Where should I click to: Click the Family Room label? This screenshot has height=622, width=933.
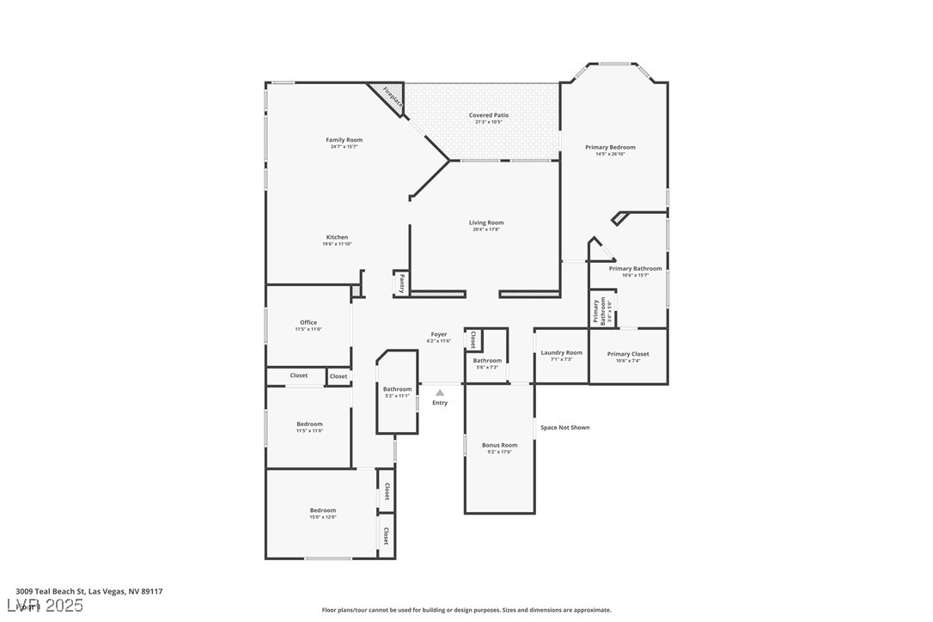click(x=344, y=140)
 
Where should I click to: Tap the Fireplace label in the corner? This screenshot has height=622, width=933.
click(x=393, y=97)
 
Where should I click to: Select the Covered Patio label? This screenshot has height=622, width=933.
click(x=488, y=115)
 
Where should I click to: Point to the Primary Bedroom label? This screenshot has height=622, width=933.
click(x=610, y=148)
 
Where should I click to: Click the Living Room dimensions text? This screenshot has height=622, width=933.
click(x=486, y=229)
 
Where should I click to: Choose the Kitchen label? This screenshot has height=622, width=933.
click(x=337, y=237)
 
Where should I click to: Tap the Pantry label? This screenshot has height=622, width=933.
click(x=401, y=284)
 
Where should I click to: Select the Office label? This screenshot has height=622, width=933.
click(x=308, y=322)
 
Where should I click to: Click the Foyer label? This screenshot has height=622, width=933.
click(x=438, y=334)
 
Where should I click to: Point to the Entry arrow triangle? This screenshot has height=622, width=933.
click(x=440, y=393)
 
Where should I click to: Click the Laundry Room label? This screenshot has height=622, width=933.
click(x=561, y=352)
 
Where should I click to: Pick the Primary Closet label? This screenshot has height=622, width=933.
click(x=628, y=354)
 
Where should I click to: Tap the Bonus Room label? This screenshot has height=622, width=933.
click(x=499, y=445)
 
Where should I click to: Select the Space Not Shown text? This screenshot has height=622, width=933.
click(x=564, y=427)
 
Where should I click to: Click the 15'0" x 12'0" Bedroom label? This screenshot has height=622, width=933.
click(x=323, y=510)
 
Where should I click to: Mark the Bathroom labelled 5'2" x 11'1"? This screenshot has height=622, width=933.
click(x=397, y=389)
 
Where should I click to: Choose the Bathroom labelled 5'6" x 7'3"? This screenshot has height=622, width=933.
click(x=487, y=361)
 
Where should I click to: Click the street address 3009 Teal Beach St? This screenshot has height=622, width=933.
click(x=89, y=591)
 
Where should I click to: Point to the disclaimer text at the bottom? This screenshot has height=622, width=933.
click(x=466, y=610)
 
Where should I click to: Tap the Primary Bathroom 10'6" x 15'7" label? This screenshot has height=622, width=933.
click(x=635, y=269)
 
